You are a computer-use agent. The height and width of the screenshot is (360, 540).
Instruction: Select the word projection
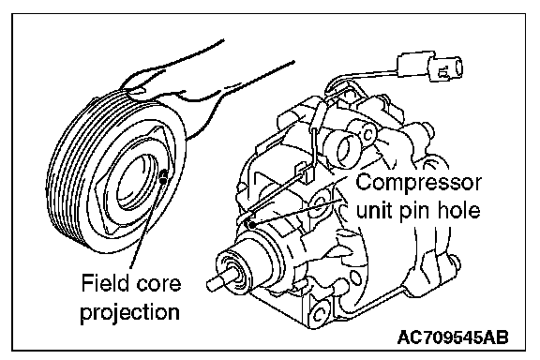click(x=129, y=313)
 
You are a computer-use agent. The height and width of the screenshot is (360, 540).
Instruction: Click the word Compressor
click(x=418, y=182)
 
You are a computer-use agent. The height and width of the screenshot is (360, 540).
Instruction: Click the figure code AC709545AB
click(x=453, y=337)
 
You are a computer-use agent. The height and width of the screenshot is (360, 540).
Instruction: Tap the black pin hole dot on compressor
click(x=250, y=225)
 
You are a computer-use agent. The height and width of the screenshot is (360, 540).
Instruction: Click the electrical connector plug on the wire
click(x=430, y=67)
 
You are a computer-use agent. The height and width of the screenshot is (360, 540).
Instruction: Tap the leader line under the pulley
click(x=144, y=224)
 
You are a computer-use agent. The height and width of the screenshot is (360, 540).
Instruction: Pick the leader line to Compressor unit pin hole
click(x=297, y=212)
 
